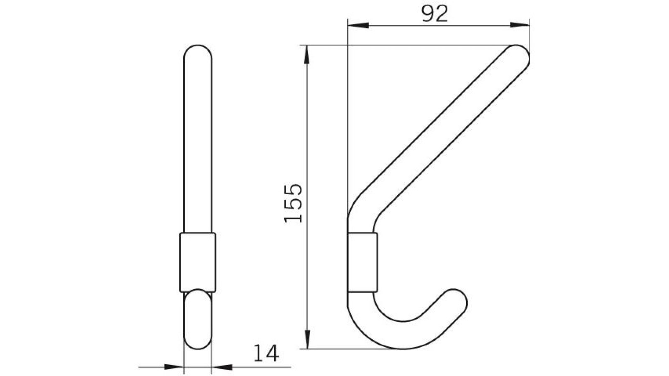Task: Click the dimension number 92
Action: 434,14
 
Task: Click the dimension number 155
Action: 293,203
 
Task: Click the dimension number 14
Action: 266,354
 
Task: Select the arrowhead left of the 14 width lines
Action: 173,367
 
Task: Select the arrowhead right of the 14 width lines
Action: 222,367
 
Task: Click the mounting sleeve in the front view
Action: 198,262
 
